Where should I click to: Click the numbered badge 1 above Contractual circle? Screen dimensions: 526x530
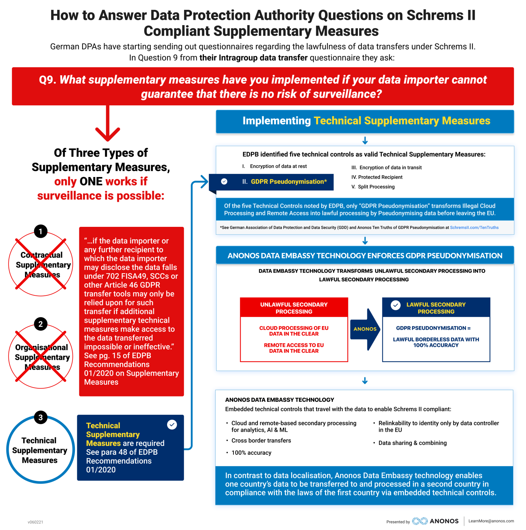(41, 231)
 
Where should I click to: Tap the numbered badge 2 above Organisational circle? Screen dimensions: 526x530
(41, 324)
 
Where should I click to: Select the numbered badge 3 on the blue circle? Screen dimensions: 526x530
(41, 417)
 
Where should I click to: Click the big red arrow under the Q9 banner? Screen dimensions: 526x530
(108, 124)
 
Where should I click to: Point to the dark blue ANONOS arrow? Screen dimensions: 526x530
(365, 329)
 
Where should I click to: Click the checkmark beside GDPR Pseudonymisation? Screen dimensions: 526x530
(224, 182)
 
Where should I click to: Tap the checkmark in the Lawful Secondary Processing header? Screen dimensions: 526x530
(396, 305)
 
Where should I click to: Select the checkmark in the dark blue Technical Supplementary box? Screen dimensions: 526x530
(172, 424)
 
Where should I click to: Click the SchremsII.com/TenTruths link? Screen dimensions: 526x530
(474, 228)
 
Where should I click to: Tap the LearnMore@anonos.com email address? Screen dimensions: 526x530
(491, 521)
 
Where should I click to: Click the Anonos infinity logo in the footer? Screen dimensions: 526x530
(420, 521)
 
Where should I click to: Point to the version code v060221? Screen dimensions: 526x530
(35, 522)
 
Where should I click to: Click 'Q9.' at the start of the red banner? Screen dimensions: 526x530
(48, 80)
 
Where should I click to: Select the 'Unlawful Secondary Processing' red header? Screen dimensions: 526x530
(294, 308)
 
